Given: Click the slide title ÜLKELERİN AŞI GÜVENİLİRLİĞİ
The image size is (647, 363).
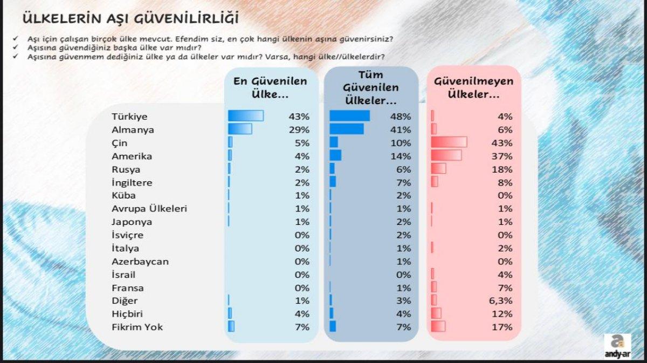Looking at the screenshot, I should (130, 18).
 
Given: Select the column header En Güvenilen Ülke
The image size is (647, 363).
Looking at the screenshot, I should (270, 87).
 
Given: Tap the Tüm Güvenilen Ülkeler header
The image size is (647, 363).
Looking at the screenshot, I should (370, 87).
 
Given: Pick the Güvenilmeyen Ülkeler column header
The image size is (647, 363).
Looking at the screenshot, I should (474, 87).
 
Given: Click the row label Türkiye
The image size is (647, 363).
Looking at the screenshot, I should (129, 117).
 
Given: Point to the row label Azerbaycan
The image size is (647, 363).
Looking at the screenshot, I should (140, 261).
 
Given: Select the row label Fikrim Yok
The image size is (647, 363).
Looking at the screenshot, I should (137, 327).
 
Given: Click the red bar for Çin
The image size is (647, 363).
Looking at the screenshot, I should (449, 142).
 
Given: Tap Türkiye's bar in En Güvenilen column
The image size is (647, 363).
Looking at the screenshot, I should (245, 116).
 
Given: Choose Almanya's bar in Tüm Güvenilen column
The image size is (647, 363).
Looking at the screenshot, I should (346, 129).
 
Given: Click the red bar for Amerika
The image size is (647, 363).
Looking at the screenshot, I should (446, 155).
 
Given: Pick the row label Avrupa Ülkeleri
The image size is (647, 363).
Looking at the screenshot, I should (149, 208).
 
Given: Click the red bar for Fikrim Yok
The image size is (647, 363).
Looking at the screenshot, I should (438, 326).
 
